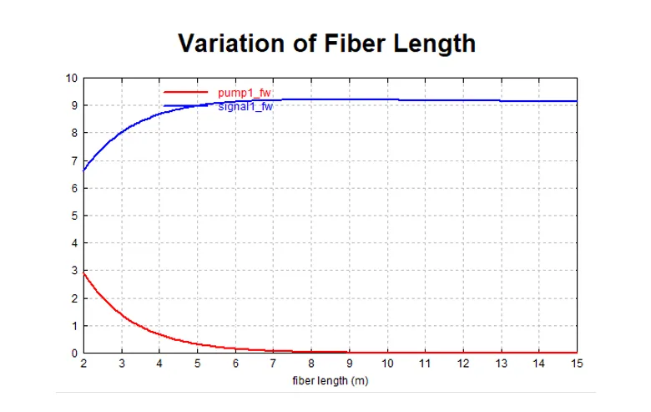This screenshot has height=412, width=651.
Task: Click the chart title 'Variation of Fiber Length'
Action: [x=326, y=43]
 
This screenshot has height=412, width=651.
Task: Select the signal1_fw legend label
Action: [x=245, y=106]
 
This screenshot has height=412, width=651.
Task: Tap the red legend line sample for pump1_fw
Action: [x=184, y=91]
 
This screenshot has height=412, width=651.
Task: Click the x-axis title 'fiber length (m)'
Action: [x=331, y=381]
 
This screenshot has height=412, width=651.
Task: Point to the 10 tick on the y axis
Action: [x=73, y=79]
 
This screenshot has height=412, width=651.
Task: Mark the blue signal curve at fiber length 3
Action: [x=122, y=133]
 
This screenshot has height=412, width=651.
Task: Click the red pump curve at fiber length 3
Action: [x=122, y=315]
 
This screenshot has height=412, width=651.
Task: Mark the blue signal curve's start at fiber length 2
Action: [x=84, y=170]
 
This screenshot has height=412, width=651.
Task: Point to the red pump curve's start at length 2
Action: [x=84, y=273]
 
